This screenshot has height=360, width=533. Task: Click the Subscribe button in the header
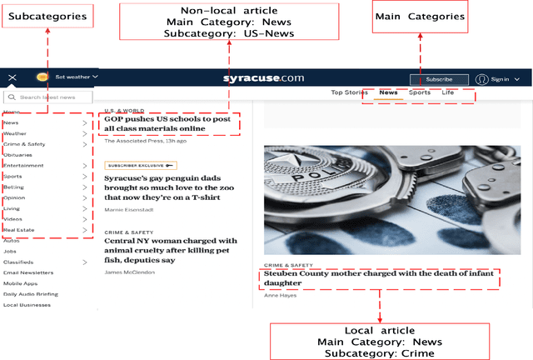(438, 79)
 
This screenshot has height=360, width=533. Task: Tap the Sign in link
(499, 79)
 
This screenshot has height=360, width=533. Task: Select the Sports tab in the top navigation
(420, 92)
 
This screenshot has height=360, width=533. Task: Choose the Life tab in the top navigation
(448, 92)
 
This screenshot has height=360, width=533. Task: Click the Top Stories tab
(350, 92)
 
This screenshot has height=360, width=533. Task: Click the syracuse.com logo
(263, 78)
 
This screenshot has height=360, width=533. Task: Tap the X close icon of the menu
(12, 77)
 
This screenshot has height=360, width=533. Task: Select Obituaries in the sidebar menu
(17, 154)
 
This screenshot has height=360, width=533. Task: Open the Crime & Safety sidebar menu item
(24, 143)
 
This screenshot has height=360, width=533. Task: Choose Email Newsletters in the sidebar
(28, 272)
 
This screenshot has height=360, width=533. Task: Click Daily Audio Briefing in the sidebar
(30, 294)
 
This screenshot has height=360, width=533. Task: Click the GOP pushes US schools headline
(167, 123)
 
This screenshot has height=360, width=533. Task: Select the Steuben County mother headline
(378, 278)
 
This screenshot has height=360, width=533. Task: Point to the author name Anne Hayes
(280, 295)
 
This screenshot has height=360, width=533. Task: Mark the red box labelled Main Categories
(420, 17)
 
